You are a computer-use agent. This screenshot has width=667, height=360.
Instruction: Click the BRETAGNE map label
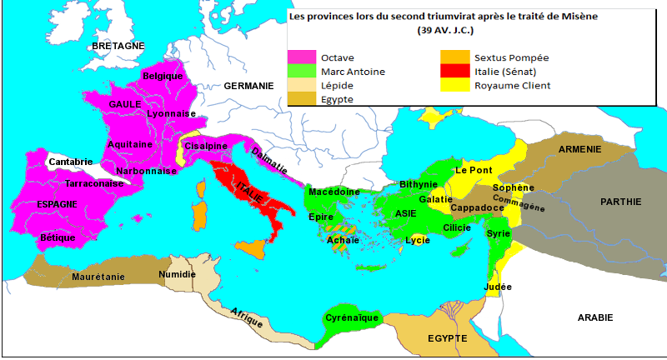(118, 45)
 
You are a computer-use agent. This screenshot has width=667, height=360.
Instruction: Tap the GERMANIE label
(248, 86)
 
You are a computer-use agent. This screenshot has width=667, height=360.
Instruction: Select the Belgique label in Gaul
(163, 76)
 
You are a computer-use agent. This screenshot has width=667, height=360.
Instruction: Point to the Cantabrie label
(71, 162)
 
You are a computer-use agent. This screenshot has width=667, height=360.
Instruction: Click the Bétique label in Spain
(58, 237)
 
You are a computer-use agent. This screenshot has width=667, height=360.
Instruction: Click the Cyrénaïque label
(352, 317)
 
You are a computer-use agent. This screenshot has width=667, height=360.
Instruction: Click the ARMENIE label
(580, 149)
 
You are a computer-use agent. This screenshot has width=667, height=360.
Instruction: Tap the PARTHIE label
(620, 201)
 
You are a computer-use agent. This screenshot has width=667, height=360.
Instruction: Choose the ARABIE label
(594, 317)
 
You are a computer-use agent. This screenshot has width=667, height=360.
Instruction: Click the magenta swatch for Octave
(302, 57)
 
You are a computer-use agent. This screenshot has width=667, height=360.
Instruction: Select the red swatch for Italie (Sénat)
(454, 72)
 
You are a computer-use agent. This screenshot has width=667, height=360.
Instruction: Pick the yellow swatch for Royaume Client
(454, 85)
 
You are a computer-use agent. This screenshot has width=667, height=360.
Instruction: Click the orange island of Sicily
(252, 247)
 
